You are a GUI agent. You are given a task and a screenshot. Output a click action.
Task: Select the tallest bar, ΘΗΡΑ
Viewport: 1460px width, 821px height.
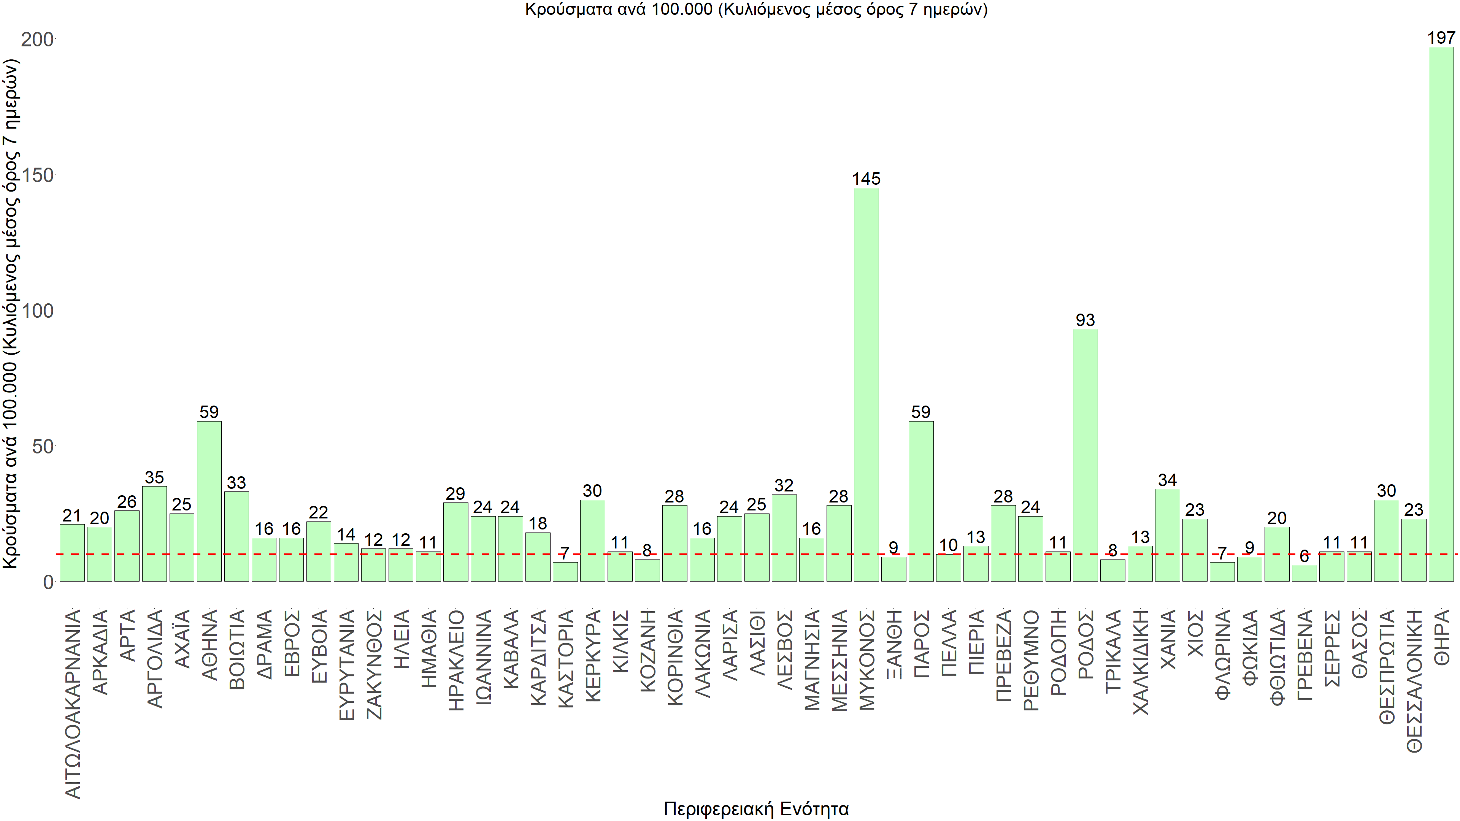(x=1441, y=314)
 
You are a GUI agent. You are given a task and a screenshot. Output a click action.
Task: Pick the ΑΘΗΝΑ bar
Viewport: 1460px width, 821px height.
(x=209, y=501)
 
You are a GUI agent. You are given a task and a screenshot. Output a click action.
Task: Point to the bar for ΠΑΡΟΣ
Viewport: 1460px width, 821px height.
(x=920, y=501)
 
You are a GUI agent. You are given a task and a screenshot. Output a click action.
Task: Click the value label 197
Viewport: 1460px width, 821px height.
(x=1441, y=38)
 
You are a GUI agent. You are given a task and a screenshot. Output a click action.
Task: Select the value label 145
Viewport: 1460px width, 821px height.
(x=866, y=179)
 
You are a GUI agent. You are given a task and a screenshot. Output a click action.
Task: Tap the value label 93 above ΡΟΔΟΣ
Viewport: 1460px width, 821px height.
(x=1085, y=320)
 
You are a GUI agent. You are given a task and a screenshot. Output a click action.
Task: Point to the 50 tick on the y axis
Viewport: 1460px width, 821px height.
(x=43, y=447)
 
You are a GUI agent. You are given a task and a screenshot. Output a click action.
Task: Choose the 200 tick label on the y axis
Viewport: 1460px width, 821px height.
(x=37, y=40)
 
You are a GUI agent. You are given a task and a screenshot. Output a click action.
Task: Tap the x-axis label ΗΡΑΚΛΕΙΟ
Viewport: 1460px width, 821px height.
(x=456, y=660)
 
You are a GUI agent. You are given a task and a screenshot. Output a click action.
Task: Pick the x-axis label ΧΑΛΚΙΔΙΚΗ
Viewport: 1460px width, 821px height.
(x=1140, y=662)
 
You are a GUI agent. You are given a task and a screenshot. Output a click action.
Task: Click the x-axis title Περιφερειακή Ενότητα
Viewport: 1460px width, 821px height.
(x=756, y=808)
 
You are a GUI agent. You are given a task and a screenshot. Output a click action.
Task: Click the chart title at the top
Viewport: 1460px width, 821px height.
(x=756, y=10)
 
